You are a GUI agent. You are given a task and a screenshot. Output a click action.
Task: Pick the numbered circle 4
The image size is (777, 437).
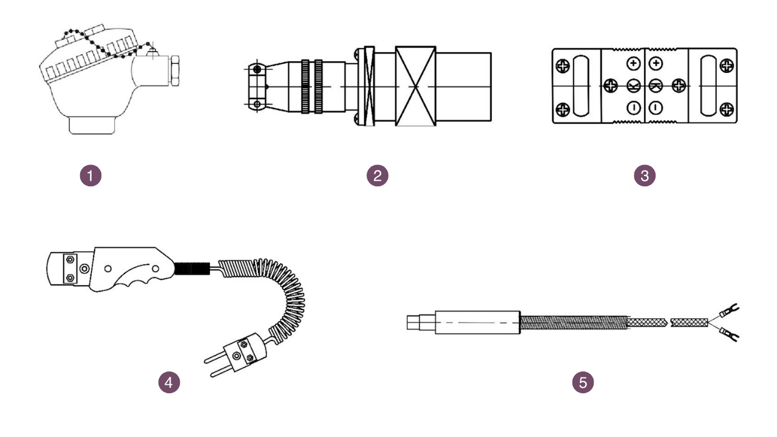tap(169, 382)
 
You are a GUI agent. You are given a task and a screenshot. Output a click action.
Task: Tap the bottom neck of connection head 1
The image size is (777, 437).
tap(90, 124)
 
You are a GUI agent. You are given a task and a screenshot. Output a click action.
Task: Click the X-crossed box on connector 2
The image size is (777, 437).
tap(415, 86)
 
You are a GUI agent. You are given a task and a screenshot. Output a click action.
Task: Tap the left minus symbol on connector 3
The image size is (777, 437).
tap(633, 108)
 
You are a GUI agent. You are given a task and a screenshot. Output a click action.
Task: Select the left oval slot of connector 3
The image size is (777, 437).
tap(582, 86)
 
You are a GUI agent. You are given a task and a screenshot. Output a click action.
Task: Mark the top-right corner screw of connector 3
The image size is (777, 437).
tap(727, 64)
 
